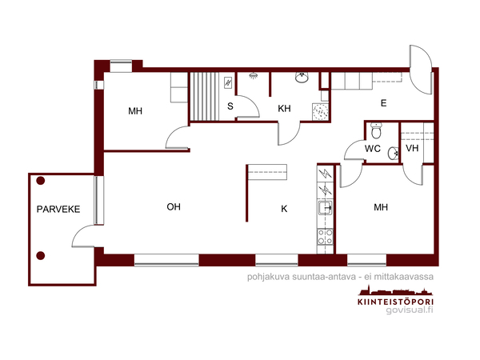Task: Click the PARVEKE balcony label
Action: (x=58, y=210)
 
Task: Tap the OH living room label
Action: (x=174, y=207)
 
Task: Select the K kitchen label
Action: (x=284, y=209)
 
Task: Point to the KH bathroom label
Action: (x=284, y=108)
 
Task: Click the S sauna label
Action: (x=230, y=106)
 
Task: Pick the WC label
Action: (x=373, y=149)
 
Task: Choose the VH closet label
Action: (x=412, y=149)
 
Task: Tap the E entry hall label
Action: (x=383, y=103)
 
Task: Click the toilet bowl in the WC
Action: (x=376, y=130)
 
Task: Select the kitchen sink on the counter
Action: (x=325, y=208)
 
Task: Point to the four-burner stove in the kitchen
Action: (x=325, y=237)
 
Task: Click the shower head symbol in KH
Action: (x=253, y=75)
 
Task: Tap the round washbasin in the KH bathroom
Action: (x=302, y=78)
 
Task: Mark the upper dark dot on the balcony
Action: (x=41, y=181)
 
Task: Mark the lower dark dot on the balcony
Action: (x=41, y=255)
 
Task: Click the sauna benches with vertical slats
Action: (x=205, y=97)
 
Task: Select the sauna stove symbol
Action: (x=228, y=82)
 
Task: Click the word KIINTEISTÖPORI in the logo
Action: (x=395, y=302)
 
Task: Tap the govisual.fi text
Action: (x=410, y=310)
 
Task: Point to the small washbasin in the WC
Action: (x=393, y=153)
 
